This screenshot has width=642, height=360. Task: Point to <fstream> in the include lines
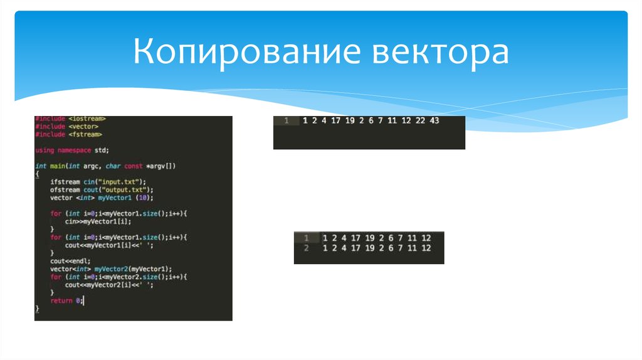tap(85, 134)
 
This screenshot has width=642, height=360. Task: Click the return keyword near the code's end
tap(61, 301)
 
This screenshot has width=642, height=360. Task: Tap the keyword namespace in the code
tap(74, 151)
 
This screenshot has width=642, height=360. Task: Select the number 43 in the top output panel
tap(435, 121)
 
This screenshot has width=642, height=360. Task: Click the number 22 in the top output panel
tap(419, 121)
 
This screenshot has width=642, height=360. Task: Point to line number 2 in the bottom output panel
tap(306, 248)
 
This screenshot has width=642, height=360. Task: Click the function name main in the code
tap(56, 166)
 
